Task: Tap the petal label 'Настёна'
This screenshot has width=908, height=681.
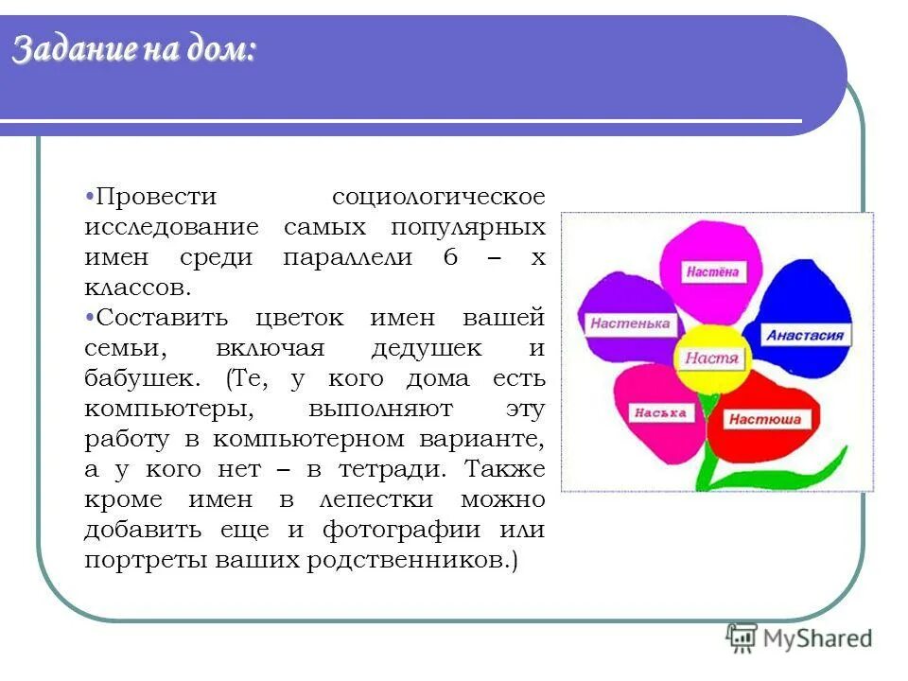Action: tap(712, 272)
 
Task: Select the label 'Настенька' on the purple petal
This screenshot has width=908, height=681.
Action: tap(629, 323)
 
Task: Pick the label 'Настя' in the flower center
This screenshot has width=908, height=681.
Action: tap(710, 358)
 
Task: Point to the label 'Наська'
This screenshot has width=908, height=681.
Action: tap(653, 412)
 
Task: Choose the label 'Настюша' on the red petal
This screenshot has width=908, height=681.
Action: tap(764, 419)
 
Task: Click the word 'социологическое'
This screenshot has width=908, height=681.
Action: tap(439, 197)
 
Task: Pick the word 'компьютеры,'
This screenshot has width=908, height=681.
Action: tap(168, 409)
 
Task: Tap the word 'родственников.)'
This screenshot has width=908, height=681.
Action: tap(411, 560)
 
